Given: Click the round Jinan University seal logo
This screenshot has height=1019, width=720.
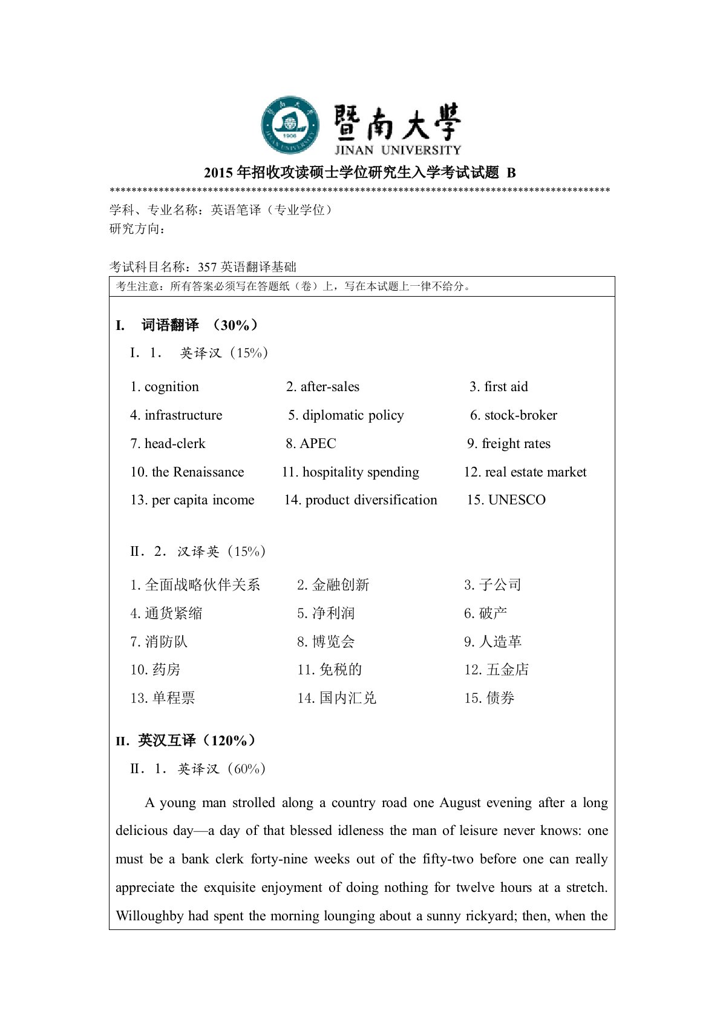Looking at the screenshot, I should tap(290, 125).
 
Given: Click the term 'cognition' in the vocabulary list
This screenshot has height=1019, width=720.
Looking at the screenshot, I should tap(171, 387).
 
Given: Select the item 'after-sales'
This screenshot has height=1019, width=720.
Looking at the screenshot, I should tap(330, 387).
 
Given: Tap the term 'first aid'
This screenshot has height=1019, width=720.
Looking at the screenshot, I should tap(506, 387).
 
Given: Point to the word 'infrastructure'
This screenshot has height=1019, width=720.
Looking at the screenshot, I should tap(183, 415).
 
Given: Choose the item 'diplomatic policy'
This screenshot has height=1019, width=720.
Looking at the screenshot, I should tap(353, 415).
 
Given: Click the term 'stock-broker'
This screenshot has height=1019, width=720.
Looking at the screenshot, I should tap(520, 415).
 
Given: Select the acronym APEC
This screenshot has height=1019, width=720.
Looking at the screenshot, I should tap(318, 444).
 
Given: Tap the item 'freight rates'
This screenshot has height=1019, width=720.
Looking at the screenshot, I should tap(515, 444).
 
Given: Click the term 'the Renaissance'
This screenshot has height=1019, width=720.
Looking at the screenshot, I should tap(198, 472).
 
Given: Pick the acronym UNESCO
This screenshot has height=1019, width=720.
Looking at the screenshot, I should tap(516, 500).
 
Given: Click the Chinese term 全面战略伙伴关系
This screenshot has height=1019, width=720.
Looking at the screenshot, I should tap(202, 585).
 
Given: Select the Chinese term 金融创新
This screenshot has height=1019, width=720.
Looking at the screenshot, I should tap(340, 585).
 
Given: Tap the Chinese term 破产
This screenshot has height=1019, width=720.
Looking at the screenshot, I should tap(493, 613).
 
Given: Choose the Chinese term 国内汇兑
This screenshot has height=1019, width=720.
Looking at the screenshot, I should tap(347, 698).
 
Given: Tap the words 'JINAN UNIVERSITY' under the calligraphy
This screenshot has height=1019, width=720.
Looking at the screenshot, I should tap(398, 150).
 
